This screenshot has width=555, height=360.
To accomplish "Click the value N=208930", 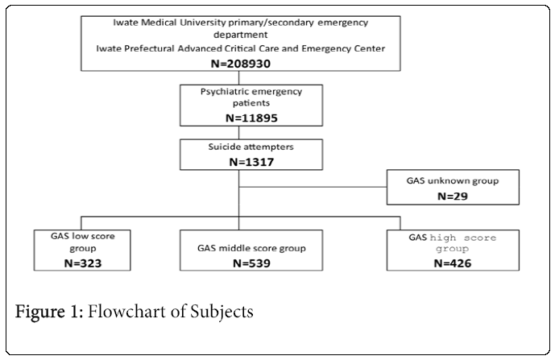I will coord(238,63).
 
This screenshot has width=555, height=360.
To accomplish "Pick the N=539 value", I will coord(239,262).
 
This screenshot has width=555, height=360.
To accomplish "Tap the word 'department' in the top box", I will coord(238,34).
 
